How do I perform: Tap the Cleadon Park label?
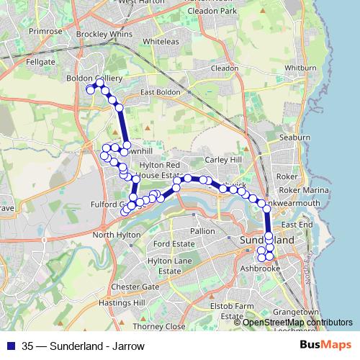(212, 12)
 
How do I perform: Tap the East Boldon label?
(160, 92)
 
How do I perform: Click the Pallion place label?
(202, 231)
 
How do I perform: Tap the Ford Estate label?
(173, 244)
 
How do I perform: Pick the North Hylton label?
(117, 235)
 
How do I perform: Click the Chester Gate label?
(135, 287)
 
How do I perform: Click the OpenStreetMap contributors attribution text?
(297, 323)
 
